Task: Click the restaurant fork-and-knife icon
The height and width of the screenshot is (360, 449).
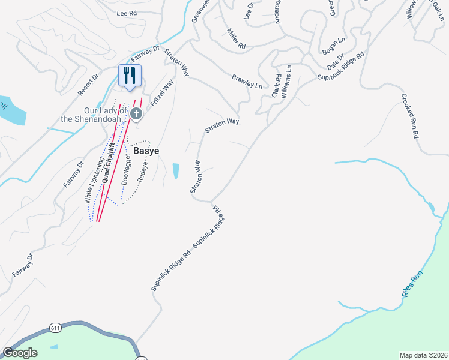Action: pos(130,75)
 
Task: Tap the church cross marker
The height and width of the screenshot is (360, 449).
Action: pos(136,113)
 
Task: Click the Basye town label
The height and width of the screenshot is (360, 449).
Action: pos(146,151)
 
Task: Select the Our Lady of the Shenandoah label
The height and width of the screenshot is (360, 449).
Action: pos(105,114)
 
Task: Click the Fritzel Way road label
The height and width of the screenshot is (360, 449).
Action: pos(161,93)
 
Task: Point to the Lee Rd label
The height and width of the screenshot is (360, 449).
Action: pos(127,13)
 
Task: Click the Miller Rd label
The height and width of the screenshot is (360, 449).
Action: pos(237,38)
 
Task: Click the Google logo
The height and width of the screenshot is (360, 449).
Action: pos(20,353)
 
